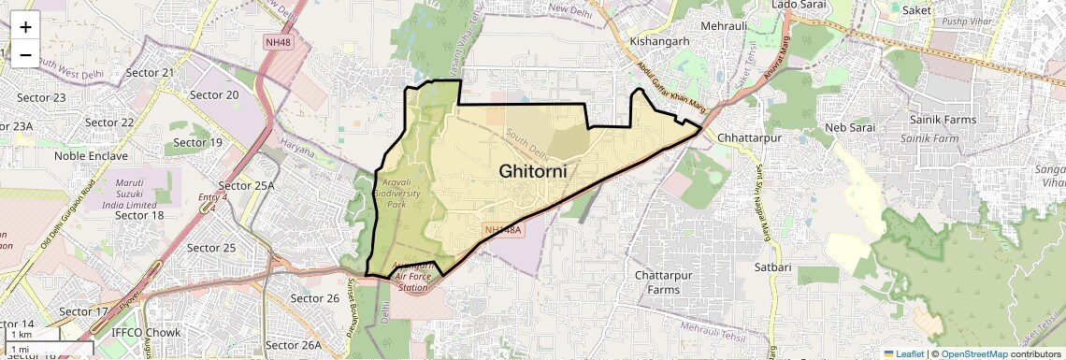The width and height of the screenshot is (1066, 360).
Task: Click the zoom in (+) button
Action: tap(25, 27)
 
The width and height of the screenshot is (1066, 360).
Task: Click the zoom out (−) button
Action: tap(25, 54)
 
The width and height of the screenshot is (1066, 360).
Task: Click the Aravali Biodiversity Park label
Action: tap(403, 191)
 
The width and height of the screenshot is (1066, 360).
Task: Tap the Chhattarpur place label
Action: tap(748, 138)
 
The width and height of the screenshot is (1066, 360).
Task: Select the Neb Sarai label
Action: tap(848, 127)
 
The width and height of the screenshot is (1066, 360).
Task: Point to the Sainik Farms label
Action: tap(943, 120)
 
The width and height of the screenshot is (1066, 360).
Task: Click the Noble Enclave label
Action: tap(90, 156)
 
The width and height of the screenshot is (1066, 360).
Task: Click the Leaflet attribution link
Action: tap(902, 353)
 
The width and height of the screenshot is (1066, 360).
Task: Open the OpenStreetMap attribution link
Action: tap(975, 353)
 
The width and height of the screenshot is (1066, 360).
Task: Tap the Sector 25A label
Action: tap(246, 185)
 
